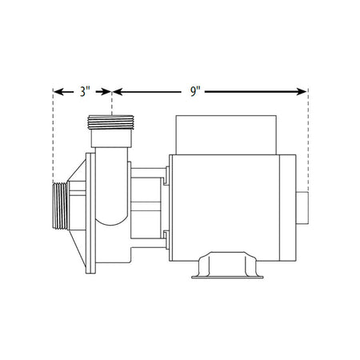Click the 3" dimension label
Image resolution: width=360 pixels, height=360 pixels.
83,92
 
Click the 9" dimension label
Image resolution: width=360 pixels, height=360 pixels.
194,92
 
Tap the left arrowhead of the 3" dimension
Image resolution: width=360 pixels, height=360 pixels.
57,92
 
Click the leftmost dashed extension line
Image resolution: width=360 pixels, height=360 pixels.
52,136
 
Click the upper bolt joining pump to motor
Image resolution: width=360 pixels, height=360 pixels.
166,180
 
